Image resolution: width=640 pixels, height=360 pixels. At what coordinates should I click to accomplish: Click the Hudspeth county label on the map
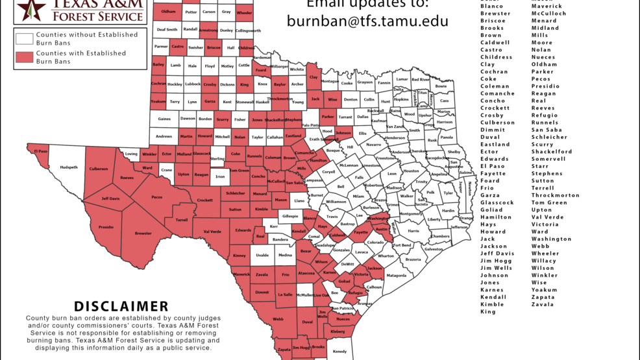point(69,167)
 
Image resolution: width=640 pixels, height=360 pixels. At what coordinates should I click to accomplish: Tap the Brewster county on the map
point(143,234)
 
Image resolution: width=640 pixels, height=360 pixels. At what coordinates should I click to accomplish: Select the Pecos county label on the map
point(156,197)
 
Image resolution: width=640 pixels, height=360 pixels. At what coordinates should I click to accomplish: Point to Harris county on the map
point(413,231)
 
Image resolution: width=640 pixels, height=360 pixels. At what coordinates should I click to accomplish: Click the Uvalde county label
point(262,256)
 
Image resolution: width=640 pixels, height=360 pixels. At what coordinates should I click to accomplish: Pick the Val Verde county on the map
point(212,232)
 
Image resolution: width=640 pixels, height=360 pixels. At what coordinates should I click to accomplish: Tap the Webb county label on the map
point(278,319)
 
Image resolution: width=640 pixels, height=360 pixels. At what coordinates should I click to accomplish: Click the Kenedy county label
point(339,352)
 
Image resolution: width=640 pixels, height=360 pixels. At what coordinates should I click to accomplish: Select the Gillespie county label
point(290,216)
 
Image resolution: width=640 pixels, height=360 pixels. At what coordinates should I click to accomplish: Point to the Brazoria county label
point(413,259)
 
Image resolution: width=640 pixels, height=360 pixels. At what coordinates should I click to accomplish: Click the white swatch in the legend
point(25,39)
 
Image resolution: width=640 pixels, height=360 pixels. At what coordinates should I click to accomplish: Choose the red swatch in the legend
point(25,58)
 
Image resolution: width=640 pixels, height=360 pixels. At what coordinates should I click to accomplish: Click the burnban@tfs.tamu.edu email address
point(367,21)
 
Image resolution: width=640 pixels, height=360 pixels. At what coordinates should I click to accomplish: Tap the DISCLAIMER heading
point(121,306)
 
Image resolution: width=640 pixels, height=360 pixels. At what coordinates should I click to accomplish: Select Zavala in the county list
point(543,304)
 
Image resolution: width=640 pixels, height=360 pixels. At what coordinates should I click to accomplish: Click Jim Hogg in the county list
point(496,261)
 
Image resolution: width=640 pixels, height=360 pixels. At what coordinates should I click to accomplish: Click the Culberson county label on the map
point(99,169)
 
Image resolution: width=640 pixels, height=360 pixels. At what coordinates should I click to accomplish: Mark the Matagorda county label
point(396,276)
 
